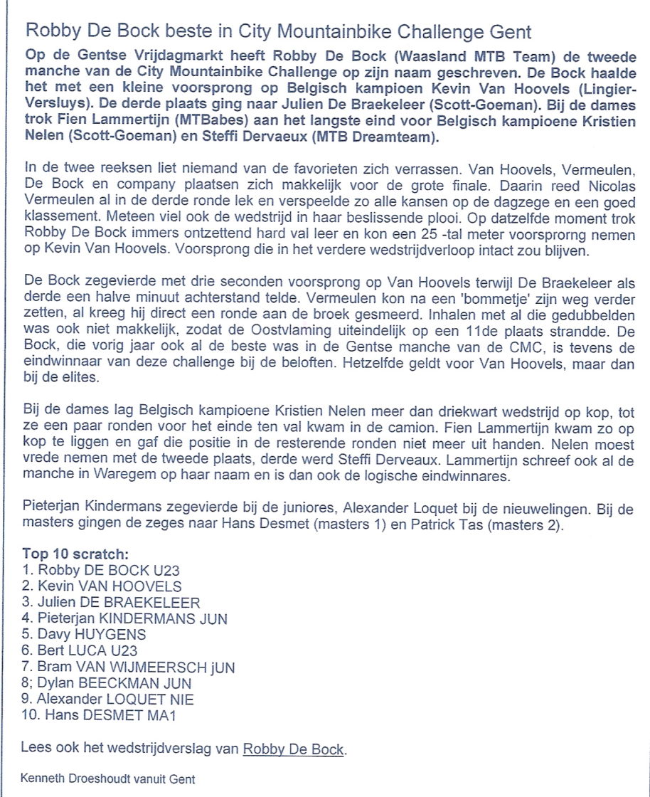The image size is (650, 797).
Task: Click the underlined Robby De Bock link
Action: (294, 749)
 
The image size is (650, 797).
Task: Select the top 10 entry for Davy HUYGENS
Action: (84, 634)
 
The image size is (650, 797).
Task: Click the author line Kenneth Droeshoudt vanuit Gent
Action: (108, 779)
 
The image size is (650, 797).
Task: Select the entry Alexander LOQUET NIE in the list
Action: (108, 698)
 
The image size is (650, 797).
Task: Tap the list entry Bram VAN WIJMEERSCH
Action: (128, 667)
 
